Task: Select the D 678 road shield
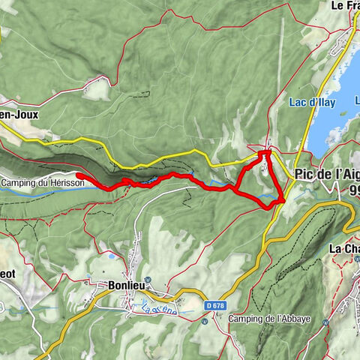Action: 214,305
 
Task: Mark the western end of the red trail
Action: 79,175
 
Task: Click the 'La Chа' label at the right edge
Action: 343,249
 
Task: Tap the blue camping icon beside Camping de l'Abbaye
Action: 204,321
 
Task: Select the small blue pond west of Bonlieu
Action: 111,256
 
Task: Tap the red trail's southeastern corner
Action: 282,200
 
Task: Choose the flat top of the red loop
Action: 264,153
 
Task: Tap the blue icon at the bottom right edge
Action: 326,322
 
